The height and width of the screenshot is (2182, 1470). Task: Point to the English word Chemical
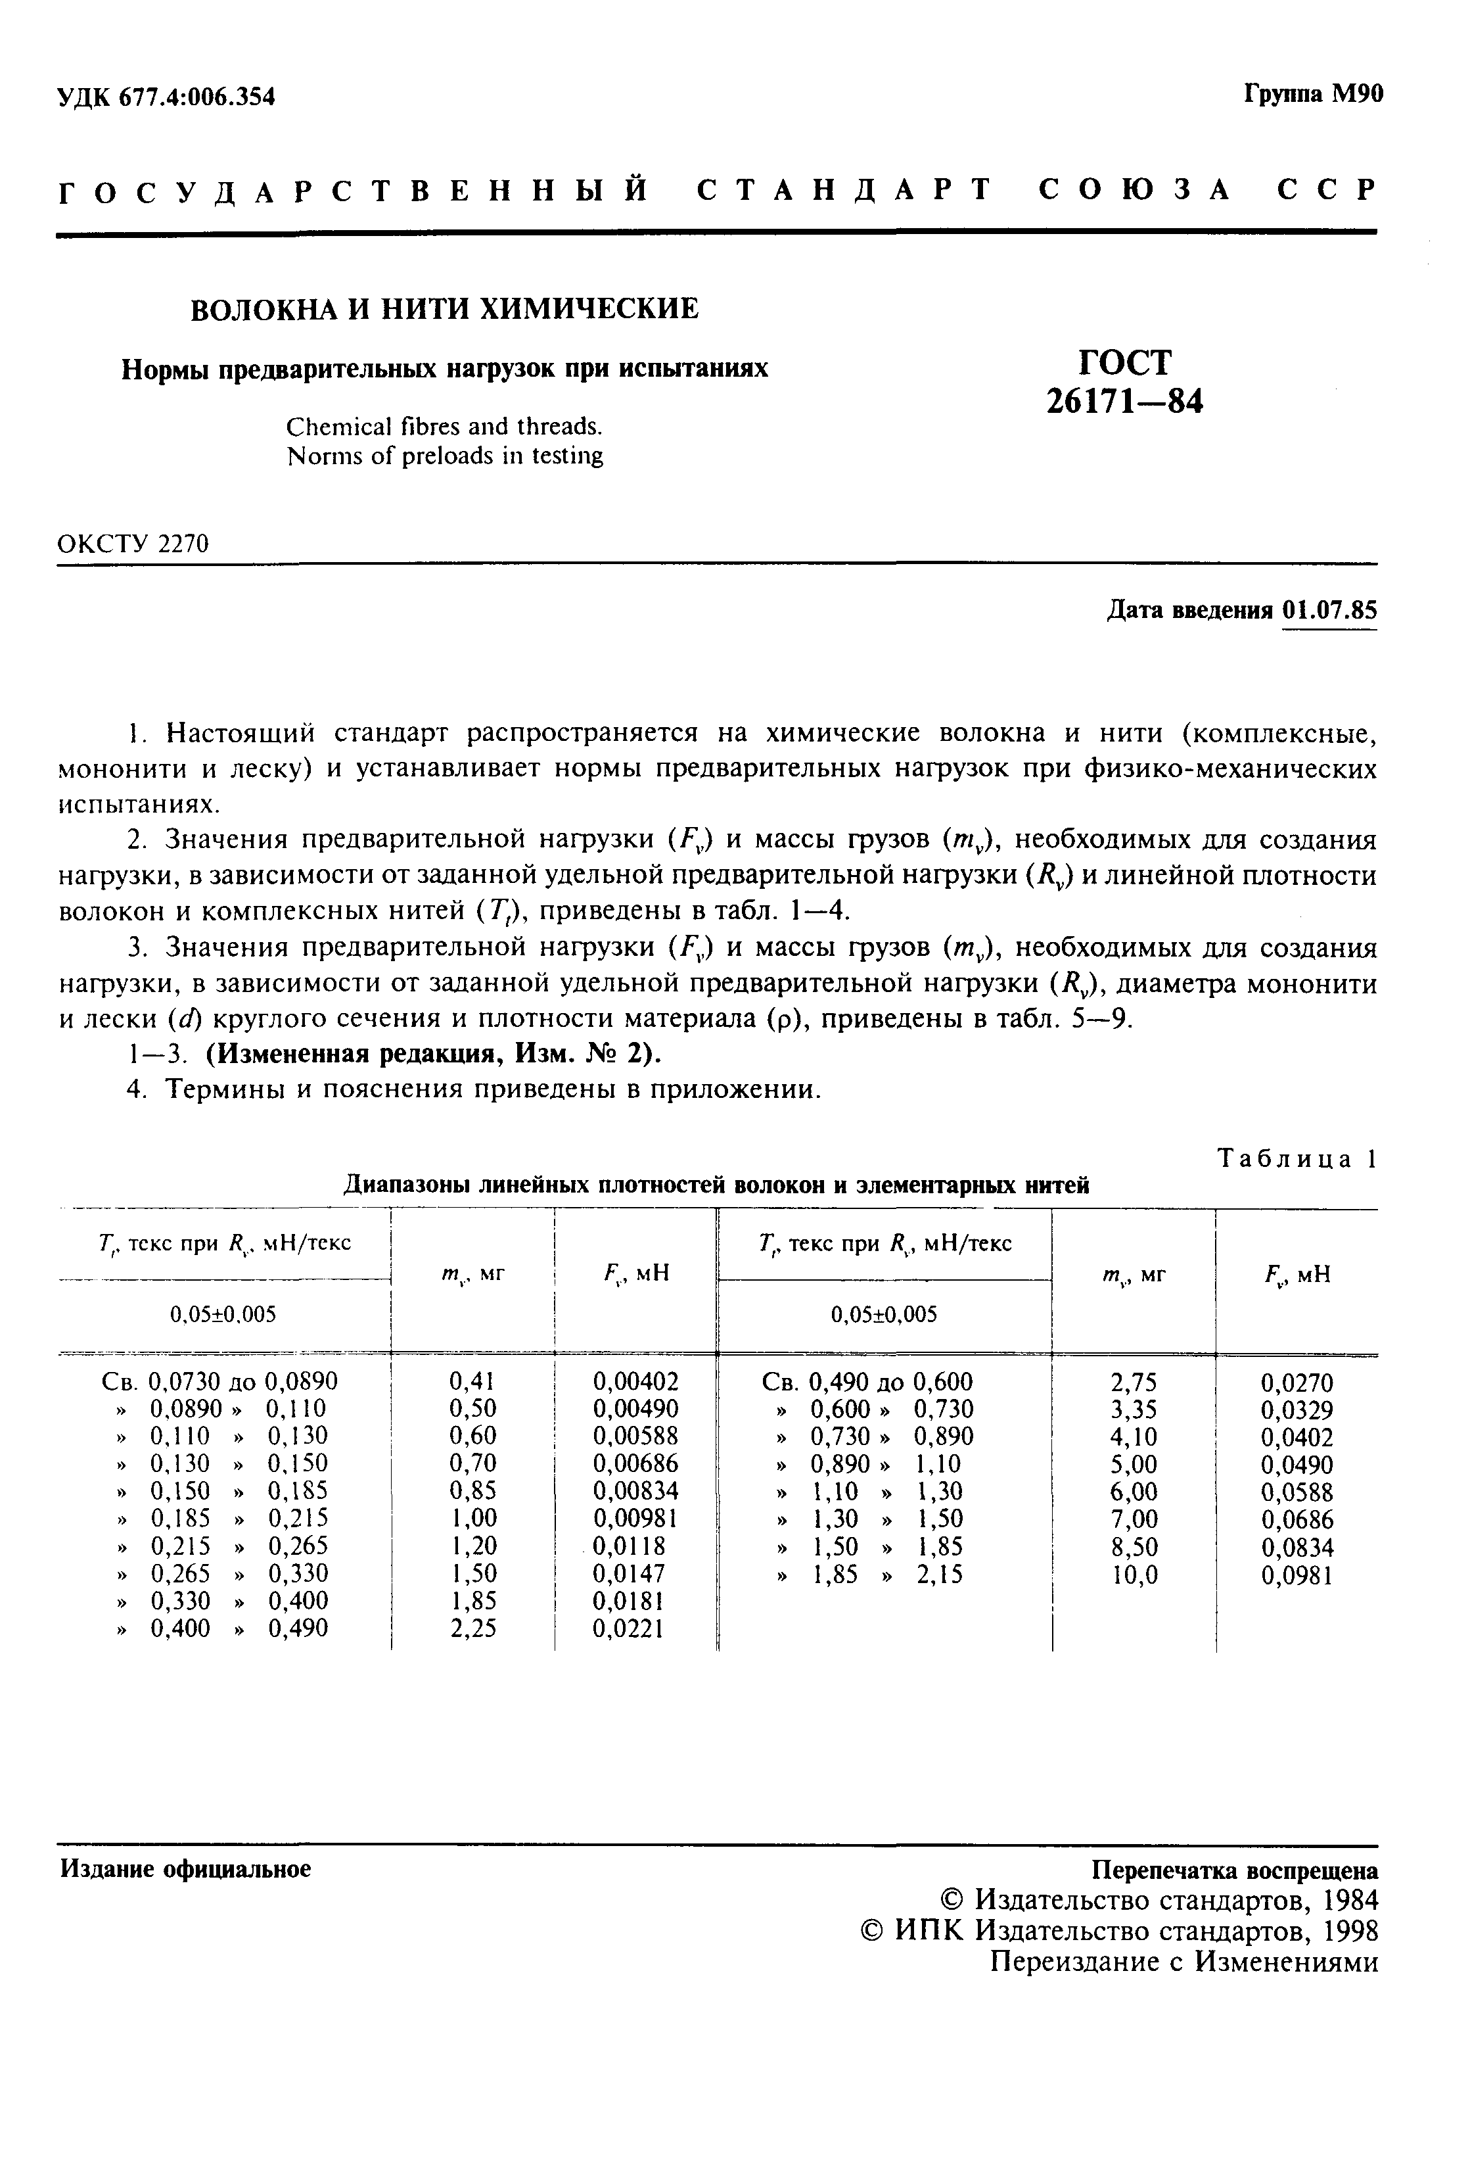click(x=338, y=427)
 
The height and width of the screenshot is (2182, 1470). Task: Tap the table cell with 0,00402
click(x=635, y=1381)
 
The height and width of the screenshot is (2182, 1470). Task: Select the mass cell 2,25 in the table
click(x=473, y=1628)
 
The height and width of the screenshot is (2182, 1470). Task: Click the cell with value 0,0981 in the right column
click(x=1297, y=1575)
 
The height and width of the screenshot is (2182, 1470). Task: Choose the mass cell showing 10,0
click(x=1134, y=1575)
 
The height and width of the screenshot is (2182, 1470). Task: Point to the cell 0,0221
click(x=628, y=1628)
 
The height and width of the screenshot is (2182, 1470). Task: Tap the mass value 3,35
click(x=1134, y=1410)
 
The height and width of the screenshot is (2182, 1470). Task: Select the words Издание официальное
click(x=185, y=1869)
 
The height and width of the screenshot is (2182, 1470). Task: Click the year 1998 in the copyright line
click(x=1349, y=1931)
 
